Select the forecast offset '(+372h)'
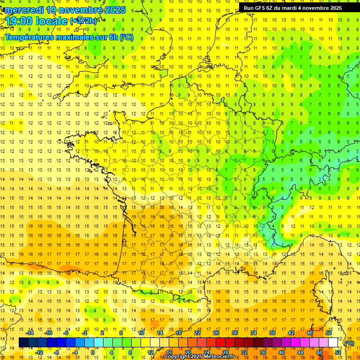click(83, 21)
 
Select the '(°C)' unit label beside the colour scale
click(349, 343)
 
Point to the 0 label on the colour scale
click(93, 352)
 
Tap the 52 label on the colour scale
click(337, 352)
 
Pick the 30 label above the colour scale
click(234, 333)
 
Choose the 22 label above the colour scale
click(197, 333)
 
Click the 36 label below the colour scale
click(262, 352)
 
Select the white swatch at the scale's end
click(333, 343)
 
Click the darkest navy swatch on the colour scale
click(23, 343)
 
